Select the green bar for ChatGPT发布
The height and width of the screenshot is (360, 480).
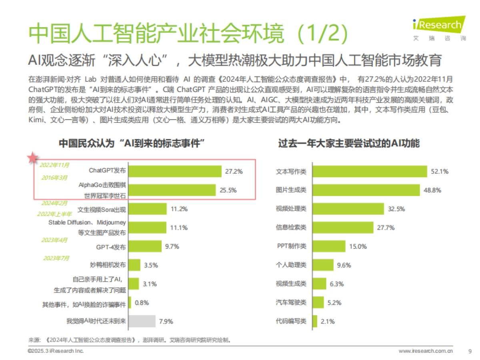point(175,171)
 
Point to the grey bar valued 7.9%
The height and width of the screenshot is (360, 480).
point(142,321)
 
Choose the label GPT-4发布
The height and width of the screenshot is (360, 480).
point(111,247)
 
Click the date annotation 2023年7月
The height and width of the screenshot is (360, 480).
point(56,258)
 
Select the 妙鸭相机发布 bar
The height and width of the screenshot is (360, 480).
point(134,265)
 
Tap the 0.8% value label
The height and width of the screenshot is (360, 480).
point(142,302)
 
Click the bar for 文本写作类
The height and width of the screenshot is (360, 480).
point(370,171)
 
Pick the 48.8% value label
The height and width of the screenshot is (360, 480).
point(432,190)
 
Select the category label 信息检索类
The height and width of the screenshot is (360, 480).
point(291,228)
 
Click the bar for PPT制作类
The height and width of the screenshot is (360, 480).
point(328,246)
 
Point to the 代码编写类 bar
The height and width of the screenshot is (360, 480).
point(314,321)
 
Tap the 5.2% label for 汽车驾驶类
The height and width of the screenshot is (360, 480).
point(334,303)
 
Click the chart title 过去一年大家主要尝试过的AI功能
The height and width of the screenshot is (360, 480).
point(349,143)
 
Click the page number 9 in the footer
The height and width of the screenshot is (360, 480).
point(469,351)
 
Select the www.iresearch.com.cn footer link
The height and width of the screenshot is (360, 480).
point(426,351)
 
